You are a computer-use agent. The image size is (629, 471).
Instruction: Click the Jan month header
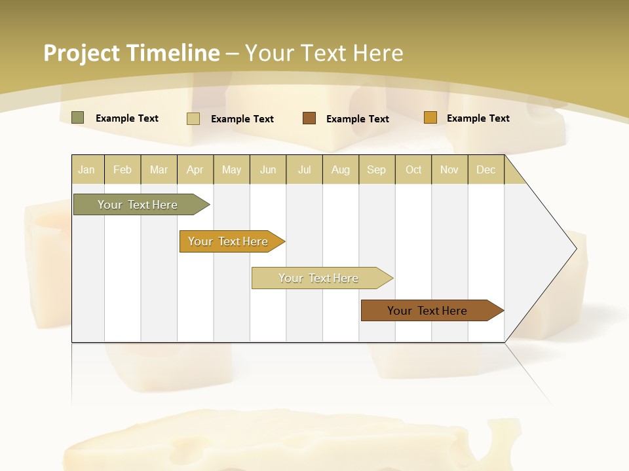pos(86,169)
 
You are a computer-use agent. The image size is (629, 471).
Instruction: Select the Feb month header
pos(123,169)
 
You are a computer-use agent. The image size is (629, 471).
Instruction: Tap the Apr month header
pos(195,169)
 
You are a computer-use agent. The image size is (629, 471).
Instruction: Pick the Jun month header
pos(268,169)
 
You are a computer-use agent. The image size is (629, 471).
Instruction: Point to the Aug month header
pos(340,169)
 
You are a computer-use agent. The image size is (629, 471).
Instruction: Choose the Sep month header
pos(376,169)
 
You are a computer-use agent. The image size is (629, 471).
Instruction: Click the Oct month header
pos(413,169)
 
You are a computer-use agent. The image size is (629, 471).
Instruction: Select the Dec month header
pos(486,169)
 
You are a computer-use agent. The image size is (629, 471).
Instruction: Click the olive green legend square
pos(78,118)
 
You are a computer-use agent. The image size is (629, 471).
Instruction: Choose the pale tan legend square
pos(193,118)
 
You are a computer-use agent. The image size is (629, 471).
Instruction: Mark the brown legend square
pos(309,118)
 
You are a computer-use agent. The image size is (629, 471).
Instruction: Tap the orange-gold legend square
pos(430,118)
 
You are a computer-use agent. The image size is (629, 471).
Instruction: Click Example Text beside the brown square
pos(357,118)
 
